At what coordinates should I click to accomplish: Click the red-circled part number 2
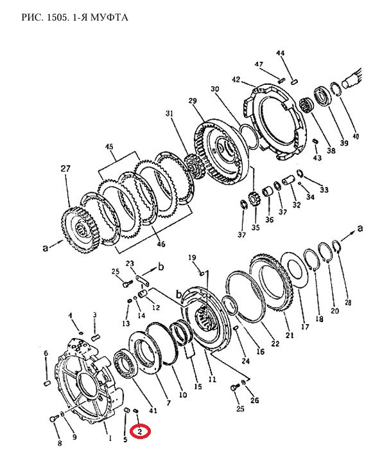pos(140,431)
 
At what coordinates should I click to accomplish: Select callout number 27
pos(65,168)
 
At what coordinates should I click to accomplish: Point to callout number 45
pos(109,147)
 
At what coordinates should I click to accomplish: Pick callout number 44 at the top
pos(281,53)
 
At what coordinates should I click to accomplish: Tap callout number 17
pos(305,327)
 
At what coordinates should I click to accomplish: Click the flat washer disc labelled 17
pos(295,270)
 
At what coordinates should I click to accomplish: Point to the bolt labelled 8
pos(54,419)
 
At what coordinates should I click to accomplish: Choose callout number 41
pos(153,411)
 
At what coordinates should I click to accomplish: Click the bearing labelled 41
pos(125,364)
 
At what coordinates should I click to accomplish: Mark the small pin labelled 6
pos(46,383)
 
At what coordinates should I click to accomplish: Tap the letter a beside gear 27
pos(46,248)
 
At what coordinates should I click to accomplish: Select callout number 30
pos(215,89)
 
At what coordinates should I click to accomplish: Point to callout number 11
pos(212,379)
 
